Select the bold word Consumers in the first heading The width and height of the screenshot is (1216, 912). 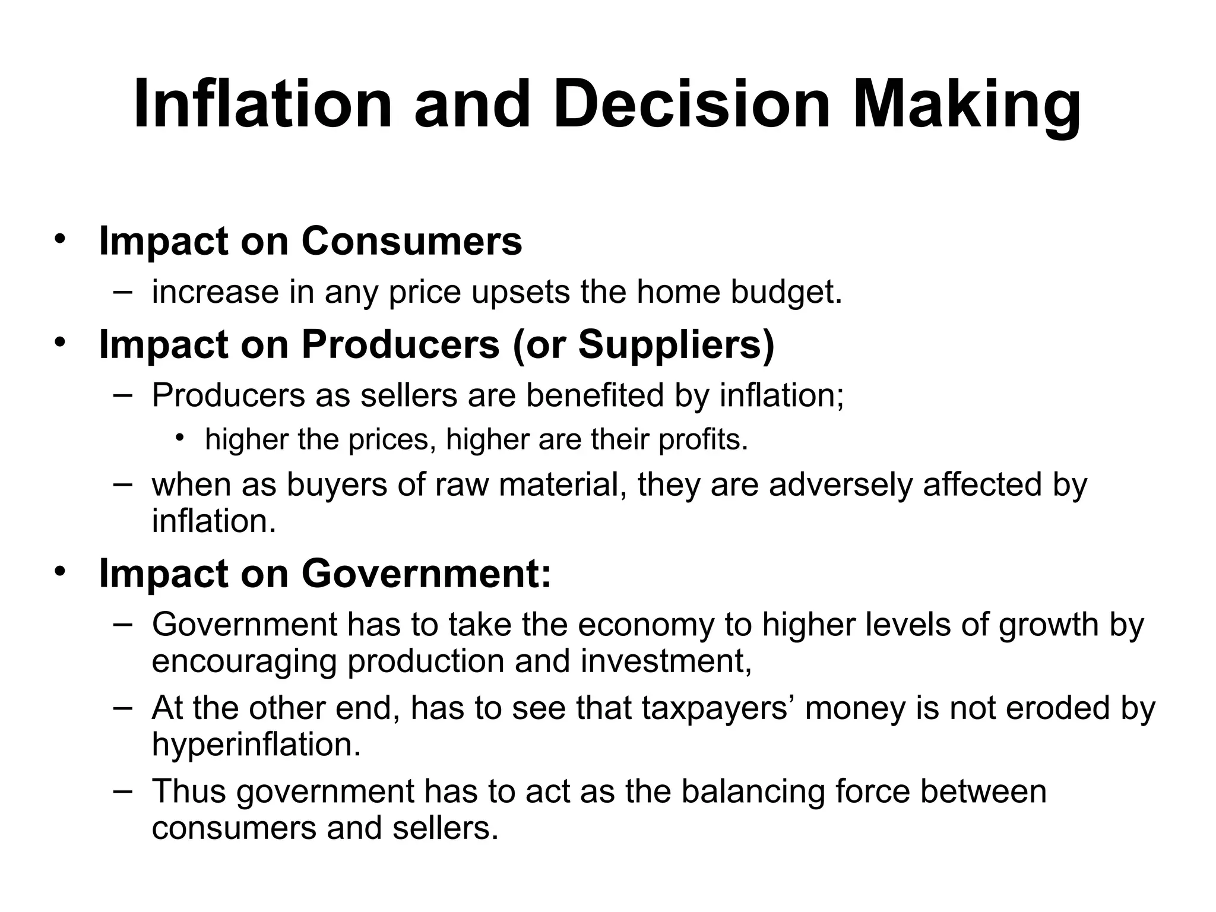click(411, 241)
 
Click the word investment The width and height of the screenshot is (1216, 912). click(665, 661)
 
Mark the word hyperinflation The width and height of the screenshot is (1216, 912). click(256, 745)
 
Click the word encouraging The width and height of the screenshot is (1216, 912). click(244, 661)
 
